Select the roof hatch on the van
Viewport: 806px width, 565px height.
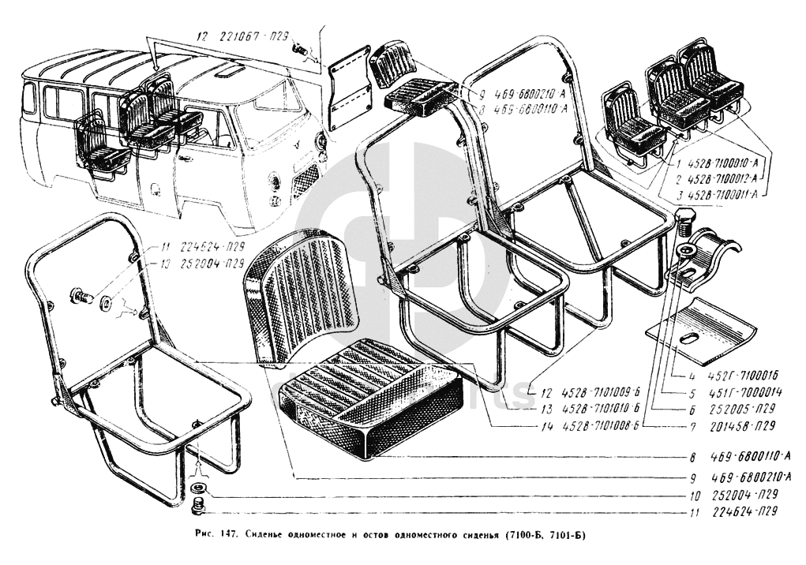[231, 71]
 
